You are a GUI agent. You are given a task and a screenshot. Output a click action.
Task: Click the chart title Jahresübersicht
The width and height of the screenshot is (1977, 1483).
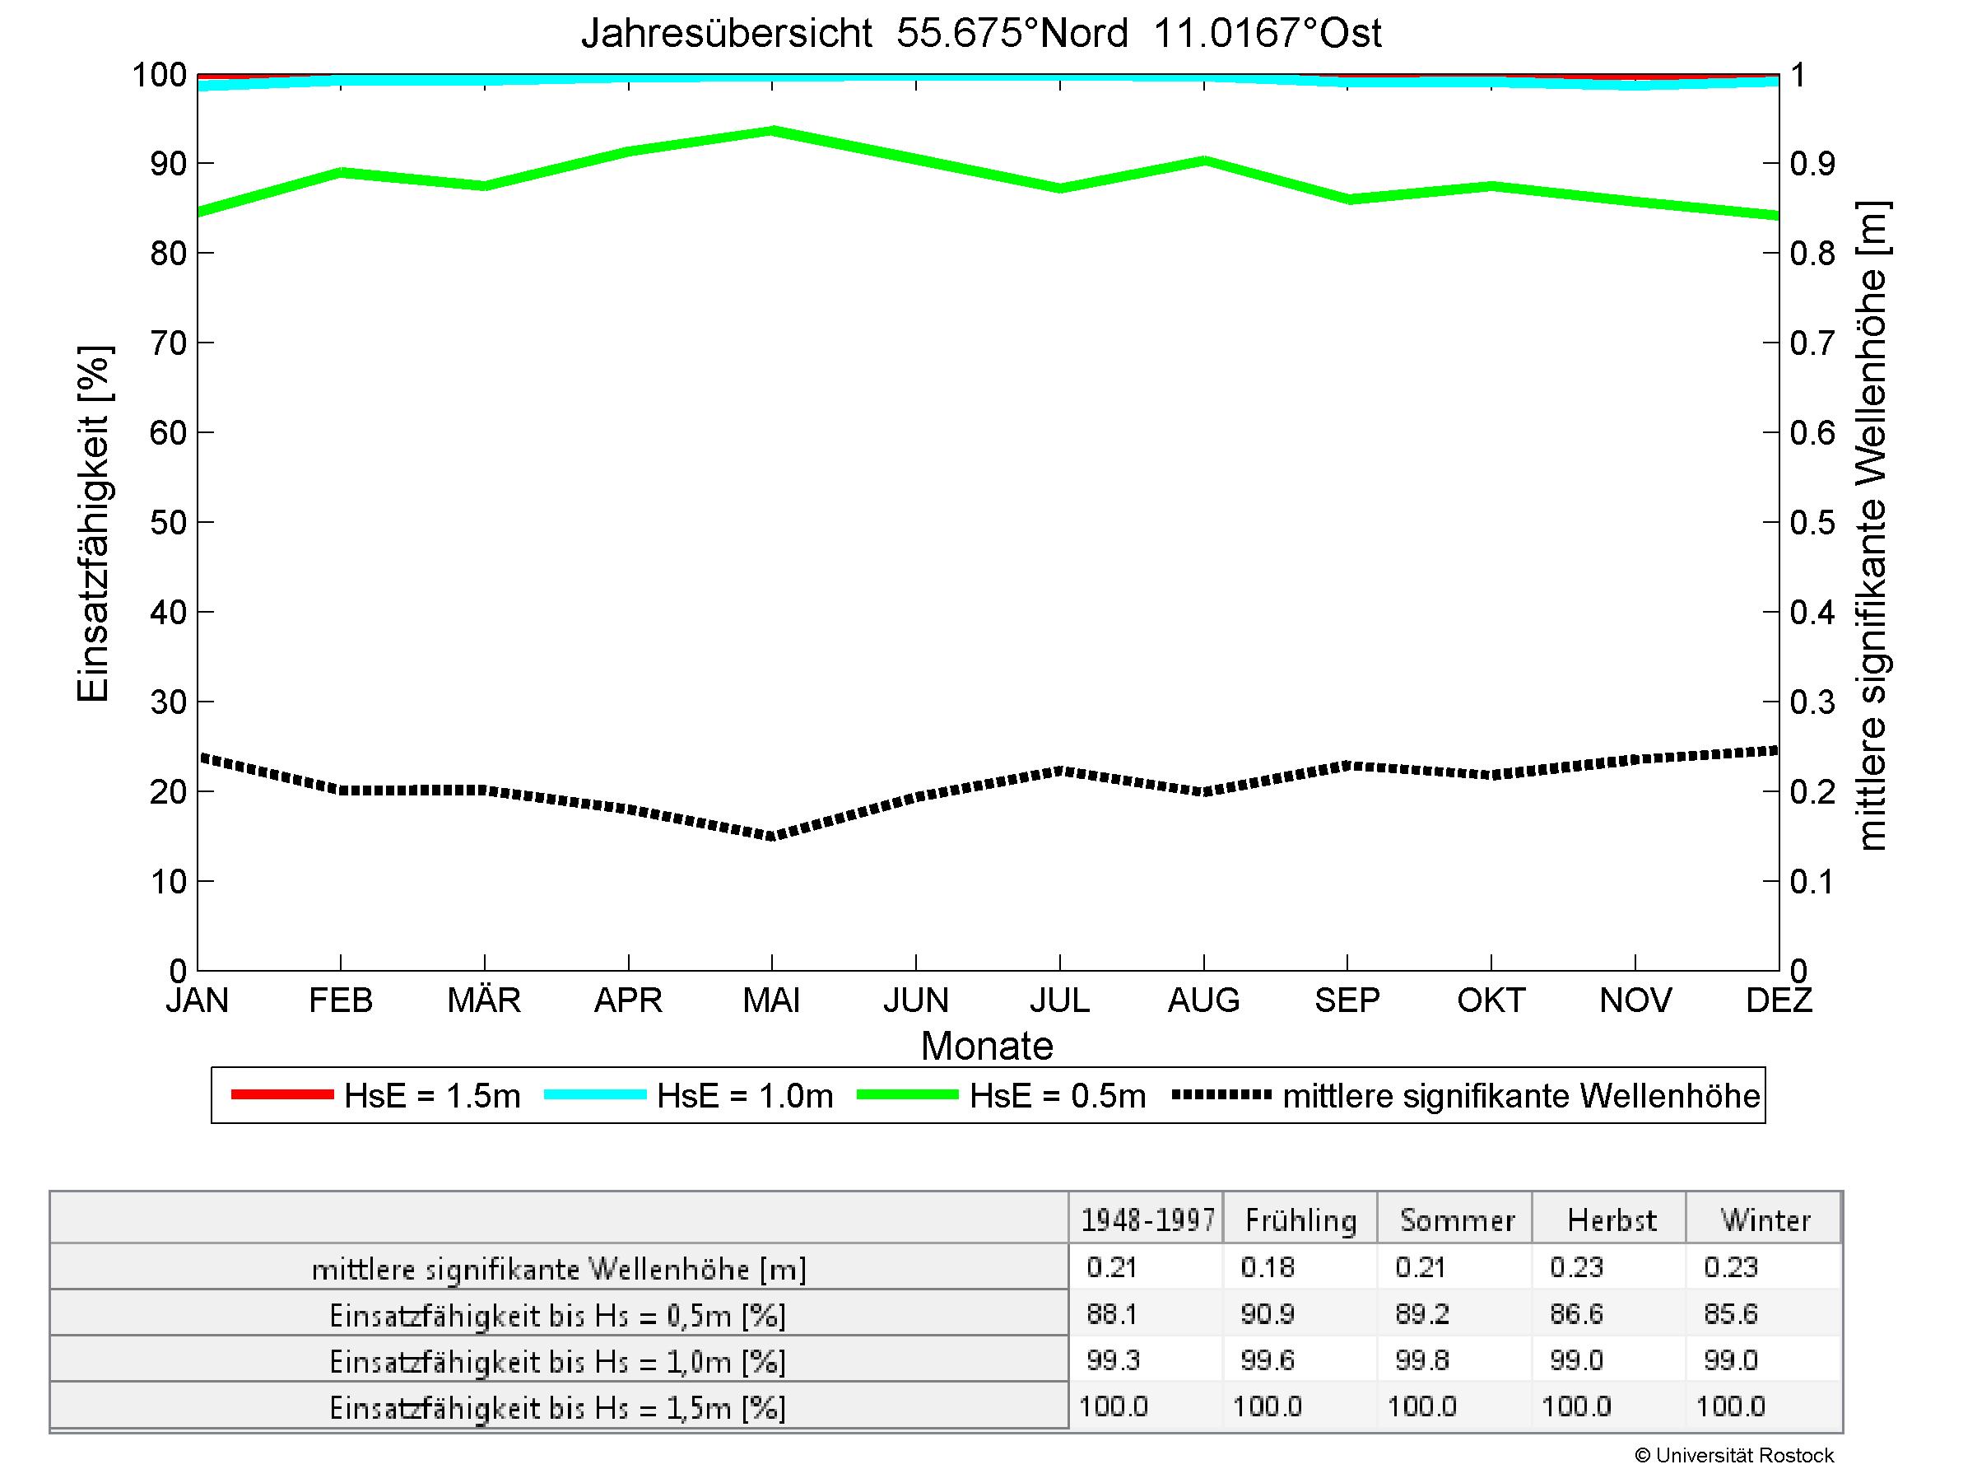726,34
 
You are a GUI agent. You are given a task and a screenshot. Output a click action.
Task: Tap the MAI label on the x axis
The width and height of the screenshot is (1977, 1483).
771,1000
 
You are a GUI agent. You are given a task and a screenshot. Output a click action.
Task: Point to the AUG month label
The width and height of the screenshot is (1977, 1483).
1203,1000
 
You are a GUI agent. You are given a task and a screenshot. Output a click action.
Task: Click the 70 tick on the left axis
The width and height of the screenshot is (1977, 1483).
168,343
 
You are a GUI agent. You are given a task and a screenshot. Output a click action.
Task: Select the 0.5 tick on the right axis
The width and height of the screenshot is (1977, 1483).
1812,522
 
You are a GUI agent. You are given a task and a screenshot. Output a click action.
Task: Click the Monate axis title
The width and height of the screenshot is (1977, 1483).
987,1046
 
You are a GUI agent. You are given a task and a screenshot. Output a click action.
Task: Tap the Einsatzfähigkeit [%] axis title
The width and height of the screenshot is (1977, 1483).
93,523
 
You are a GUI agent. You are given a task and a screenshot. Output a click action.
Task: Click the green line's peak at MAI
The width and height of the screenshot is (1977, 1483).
771,130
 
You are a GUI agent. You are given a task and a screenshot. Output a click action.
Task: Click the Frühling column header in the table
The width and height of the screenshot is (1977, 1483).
1300,1220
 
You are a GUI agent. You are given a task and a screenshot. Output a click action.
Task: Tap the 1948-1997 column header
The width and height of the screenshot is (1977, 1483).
1147,1220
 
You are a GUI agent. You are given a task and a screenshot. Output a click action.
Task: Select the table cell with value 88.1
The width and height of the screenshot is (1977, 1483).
1112,1313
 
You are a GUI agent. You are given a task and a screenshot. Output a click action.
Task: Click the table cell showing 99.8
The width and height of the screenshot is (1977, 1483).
1421,1359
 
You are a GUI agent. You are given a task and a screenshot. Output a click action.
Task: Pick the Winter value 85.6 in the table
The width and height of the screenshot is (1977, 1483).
1730,1313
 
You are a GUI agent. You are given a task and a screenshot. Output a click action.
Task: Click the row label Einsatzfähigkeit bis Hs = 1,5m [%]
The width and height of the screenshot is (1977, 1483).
558,1408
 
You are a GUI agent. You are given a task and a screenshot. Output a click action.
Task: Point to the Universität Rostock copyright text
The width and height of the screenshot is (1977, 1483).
1734,1455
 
